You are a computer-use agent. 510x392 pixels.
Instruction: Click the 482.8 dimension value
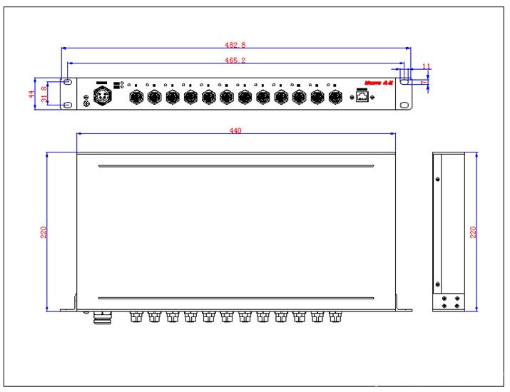(x=235, y=46)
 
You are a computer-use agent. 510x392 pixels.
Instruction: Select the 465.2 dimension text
(x=235, y=61)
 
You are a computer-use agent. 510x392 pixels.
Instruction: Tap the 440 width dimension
(x=235, y=130)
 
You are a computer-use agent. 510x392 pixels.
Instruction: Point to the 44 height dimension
(x=31, y=95)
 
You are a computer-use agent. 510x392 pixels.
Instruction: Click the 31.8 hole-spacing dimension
(x=45, y=95)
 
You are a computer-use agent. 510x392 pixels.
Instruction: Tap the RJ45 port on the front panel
(x=362, y=96)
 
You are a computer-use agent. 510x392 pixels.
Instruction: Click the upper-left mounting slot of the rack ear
(x=68, y=83)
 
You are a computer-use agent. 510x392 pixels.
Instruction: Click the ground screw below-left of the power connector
(x=87, y=105)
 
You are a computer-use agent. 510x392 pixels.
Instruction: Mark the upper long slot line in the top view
(x=235, y=167)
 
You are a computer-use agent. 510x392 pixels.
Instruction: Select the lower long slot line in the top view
(x=235, y=298)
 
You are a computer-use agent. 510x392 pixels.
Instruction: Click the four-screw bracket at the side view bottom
(x=450, y=301)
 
